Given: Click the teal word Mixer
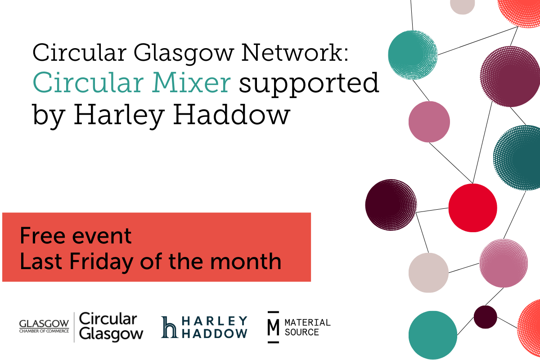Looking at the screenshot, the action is pos(191,82).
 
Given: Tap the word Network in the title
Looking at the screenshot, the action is pos(295,52).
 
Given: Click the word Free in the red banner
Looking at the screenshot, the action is pos(42,236).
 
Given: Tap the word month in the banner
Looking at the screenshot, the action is pos(246,261).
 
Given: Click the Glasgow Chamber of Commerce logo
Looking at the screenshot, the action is pos(44,326).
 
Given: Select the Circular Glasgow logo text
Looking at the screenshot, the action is pos(111,327).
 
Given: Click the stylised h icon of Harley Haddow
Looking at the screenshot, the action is pos(169,327).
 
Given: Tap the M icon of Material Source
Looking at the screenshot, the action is pos(274,327).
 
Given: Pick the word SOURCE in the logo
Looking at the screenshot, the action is pos(302,332).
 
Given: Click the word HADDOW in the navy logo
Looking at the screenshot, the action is pos(215,333).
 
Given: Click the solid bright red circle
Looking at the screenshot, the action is pos(472,208).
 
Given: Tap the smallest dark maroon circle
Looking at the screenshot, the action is pos(485,317).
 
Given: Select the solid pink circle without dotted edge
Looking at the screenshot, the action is pos(429,122).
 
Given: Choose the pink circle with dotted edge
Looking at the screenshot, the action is pos(504,263).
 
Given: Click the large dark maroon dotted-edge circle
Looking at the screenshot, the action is pos(391,205).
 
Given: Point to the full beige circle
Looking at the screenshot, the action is pos(428,273).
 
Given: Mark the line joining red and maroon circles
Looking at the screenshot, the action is pos(432,210).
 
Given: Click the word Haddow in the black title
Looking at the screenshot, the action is pos(231,115).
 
